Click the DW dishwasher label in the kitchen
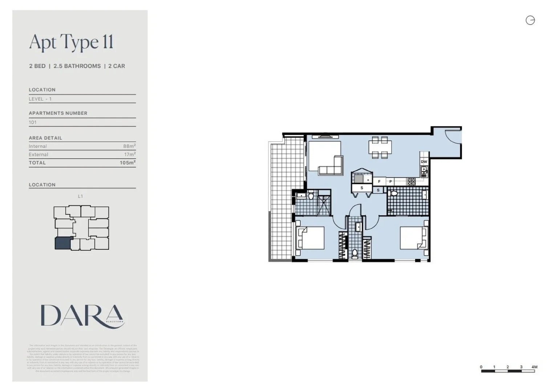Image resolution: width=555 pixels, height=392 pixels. point(424,162)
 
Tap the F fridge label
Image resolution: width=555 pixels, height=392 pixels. point(379,181)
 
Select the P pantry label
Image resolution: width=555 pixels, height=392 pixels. point(390,181)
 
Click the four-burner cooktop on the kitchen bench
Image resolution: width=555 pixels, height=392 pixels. point(411,181)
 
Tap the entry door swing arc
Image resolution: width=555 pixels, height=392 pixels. point(453,137)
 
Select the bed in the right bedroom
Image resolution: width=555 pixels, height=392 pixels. point(414,238)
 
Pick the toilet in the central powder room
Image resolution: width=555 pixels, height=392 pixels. point(355,253)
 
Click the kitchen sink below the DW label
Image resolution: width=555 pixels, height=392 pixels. point(424,171)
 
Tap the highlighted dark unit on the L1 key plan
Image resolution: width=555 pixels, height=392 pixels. point(63,243)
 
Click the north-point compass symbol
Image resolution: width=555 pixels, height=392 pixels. point(530,20)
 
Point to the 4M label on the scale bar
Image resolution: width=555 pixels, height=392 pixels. point(534,367)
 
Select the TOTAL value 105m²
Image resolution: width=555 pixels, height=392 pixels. point(127,163)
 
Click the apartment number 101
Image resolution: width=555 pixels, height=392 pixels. point(33,122)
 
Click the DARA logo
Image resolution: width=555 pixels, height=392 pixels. point(82,316)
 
